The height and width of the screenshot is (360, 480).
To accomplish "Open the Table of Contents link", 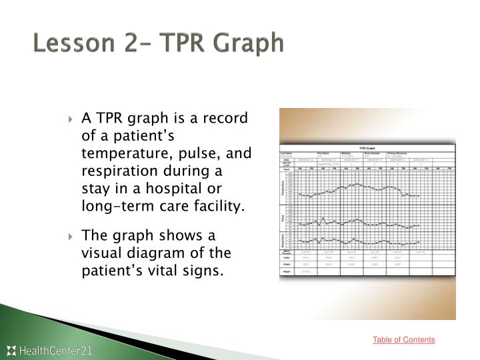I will coord(403,340).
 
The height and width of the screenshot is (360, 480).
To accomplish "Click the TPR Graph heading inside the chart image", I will coord(367,148).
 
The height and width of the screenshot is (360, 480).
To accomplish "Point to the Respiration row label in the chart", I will coord(283,239).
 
